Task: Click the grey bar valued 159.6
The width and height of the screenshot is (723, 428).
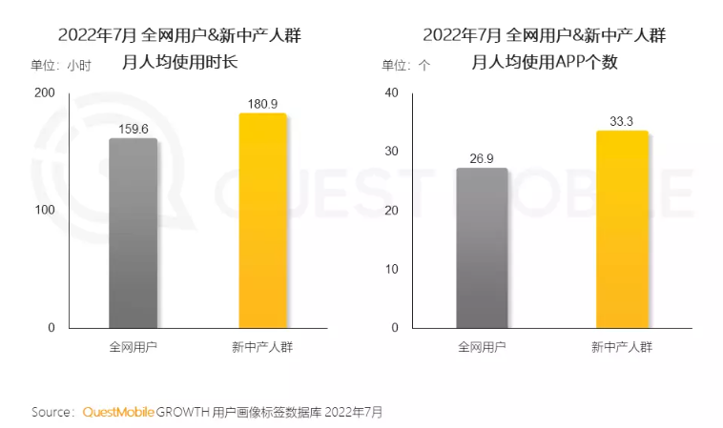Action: (x=133, y=234)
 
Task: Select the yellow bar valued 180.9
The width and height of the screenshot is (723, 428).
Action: (x=262, y=221)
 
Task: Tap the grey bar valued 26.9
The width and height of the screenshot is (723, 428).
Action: (x=482, y=249)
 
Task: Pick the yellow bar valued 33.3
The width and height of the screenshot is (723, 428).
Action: (x=622, y=230)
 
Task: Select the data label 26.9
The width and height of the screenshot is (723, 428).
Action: (x=482, y=158)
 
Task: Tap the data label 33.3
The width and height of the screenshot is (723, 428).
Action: (x=622, y=121)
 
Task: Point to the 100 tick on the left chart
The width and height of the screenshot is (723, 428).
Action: (x=45, y=210)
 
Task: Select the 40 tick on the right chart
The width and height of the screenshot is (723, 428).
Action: (x=390, y=92)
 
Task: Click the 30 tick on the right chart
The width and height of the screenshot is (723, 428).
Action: (x=390, y=152)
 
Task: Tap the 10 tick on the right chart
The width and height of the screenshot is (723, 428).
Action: (x=390, y=269)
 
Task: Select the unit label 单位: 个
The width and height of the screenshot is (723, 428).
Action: (x=406, y=65)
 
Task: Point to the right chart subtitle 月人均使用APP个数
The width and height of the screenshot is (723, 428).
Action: (x=545, y=64)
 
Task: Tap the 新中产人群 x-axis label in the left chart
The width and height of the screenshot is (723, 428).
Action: (x=262, y=347)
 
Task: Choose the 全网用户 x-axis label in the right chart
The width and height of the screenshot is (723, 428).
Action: (x=482, y=347)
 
